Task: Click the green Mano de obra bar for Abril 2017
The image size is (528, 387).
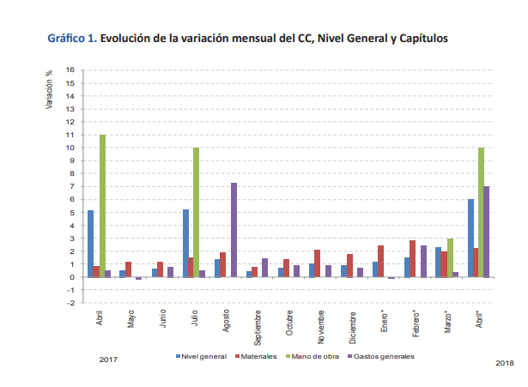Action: (x=102, y=206)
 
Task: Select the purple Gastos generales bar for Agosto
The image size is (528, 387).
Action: (x=234, y=230)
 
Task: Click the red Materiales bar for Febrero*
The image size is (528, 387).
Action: (x=412, y=258)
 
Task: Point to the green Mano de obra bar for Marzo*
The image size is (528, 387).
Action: (x=450, y=257)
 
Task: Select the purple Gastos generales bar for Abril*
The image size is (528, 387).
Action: (x=486, y=232)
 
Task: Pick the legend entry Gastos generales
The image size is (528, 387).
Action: (x=385, y=354)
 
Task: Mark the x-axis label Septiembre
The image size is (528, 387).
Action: (x=258, y=324)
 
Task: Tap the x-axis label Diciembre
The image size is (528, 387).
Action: (x=352, y=323)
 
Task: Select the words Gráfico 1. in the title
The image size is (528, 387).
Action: (x=73, y=39)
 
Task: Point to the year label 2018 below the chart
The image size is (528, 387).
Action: (x=506, y=363)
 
